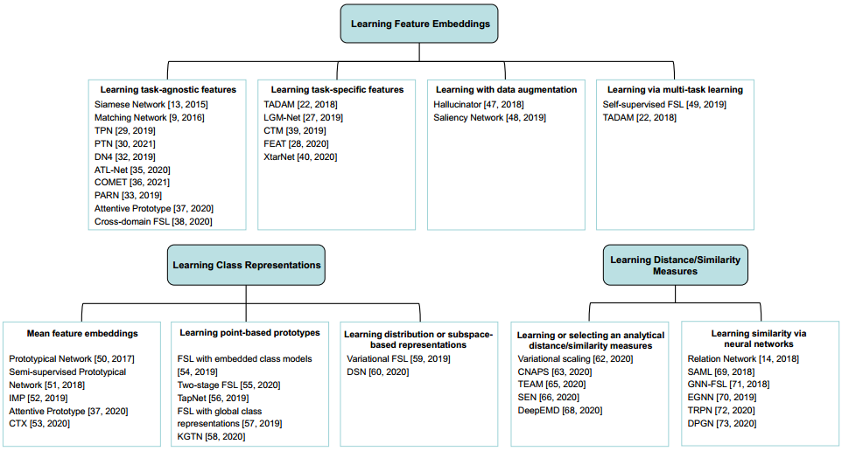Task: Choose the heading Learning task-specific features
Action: tap(337, 89)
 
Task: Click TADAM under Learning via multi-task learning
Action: tap(639, 117)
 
